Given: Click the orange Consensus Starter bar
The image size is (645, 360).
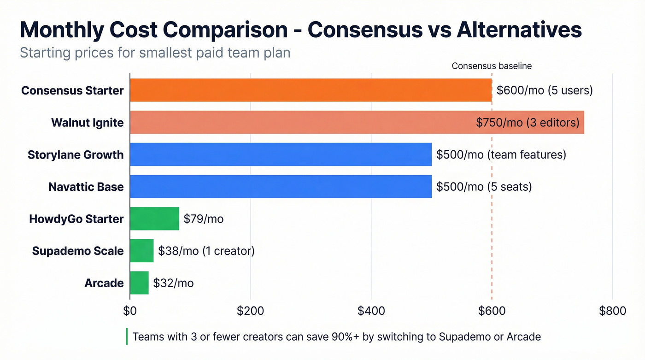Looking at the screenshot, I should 311,90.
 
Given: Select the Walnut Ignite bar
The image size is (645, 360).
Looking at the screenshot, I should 299,122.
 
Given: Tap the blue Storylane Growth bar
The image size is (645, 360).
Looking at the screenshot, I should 281,154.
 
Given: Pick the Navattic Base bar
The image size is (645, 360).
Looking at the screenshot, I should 281,187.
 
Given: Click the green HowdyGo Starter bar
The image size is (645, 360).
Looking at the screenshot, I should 154,218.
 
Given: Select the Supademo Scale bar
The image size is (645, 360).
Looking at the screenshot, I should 141,251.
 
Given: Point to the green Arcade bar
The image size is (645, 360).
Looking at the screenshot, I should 139,283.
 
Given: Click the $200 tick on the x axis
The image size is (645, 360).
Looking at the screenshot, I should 250,311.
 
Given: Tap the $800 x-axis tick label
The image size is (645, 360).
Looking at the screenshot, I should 612,311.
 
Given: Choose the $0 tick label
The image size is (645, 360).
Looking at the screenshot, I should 130,311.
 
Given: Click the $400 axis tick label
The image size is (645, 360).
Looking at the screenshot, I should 371,311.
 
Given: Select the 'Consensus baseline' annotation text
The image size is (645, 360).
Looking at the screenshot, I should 492,66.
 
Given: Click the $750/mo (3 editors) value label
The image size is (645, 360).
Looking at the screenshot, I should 528,123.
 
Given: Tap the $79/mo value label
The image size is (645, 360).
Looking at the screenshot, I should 203,218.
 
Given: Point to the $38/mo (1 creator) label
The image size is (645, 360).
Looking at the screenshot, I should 206,251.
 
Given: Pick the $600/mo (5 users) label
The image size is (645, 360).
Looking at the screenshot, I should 545,90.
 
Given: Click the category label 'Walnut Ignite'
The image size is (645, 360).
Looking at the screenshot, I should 87,123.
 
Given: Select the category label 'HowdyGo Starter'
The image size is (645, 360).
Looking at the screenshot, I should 76,218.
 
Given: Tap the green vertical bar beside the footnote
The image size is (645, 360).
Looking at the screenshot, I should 127,336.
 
